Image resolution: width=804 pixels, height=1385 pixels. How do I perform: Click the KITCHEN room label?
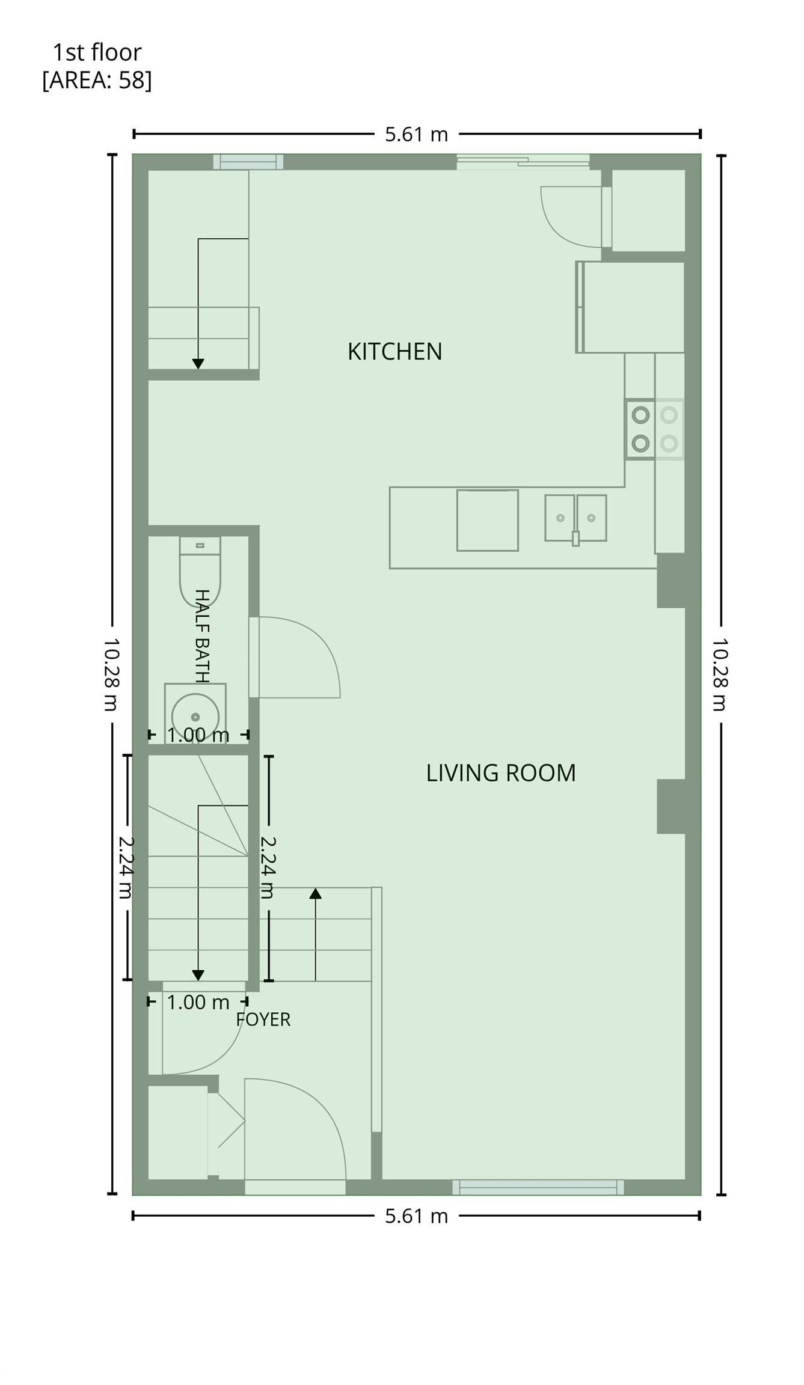point(394,352)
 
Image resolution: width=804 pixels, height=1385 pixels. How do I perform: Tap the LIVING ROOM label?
point(501,773)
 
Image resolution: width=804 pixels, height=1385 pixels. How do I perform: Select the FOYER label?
point(263,1020)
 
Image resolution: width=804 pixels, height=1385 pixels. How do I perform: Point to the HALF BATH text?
point(202,636)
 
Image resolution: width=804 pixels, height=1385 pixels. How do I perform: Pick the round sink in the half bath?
point(195,715)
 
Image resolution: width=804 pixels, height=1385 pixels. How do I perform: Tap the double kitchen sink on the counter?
point(575,518)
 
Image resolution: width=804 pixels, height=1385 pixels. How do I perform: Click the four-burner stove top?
point(654,429)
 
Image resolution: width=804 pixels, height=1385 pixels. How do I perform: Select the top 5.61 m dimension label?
point(417,134)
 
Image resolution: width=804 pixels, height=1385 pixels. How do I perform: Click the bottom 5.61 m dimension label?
point(417,1216)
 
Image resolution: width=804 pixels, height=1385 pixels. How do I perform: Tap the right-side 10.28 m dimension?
point(721,674)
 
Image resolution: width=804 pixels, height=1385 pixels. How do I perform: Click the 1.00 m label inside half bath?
point(198,735)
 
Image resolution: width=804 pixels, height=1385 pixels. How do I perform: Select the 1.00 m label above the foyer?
point(198,1002)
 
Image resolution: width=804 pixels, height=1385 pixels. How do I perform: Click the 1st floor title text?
point(97,52)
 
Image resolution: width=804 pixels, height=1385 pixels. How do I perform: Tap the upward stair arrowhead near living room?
point(315,893)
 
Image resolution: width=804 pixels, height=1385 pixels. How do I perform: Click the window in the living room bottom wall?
point(538,1187)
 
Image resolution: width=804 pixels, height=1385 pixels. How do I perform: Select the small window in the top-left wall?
point(248,162)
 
